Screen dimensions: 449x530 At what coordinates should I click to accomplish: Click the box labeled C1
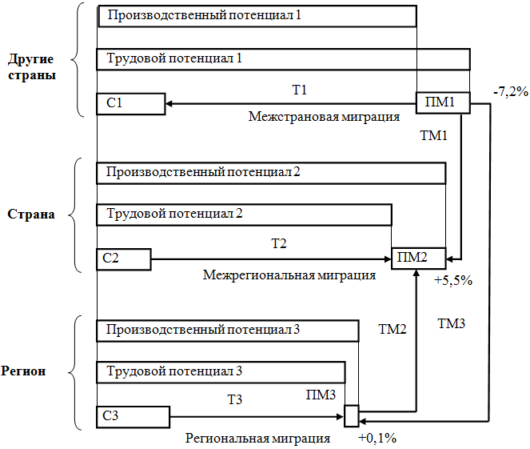click(130, 103)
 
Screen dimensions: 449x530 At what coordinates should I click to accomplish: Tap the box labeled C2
click(123, 259)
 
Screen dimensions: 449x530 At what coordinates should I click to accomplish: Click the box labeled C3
click(133, 416)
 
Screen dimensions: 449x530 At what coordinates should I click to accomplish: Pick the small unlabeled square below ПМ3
click(352, 416)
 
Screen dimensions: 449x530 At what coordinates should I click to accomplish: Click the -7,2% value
click(511, 91)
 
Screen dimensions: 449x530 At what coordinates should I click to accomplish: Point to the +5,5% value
click(453, 281)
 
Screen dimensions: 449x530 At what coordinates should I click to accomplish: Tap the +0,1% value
click(377, 438)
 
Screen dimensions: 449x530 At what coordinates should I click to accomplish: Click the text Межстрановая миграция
click(324, 117)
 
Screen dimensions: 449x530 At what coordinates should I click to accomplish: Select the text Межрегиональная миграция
click(289, 275)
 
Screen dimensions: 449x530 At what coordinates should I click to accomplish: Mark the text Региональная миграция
click(258, 438)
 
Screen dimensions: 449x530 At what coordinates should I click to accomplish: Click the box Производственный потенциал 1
click(257, 16)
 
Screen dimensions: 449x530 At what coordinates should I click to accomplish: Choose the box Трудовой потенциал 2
click(244, 214)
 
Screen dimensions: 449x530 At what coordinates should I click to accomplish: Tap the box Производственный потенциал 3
click(227, 331)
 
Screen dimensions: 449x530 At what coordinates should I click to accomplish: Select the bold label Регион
click(28, 371)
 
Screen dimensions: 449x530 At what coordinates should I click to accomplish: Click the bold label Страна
click(31, 214)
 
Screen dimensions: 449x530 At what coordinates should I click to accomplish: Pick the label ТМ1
click(433, 136)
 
